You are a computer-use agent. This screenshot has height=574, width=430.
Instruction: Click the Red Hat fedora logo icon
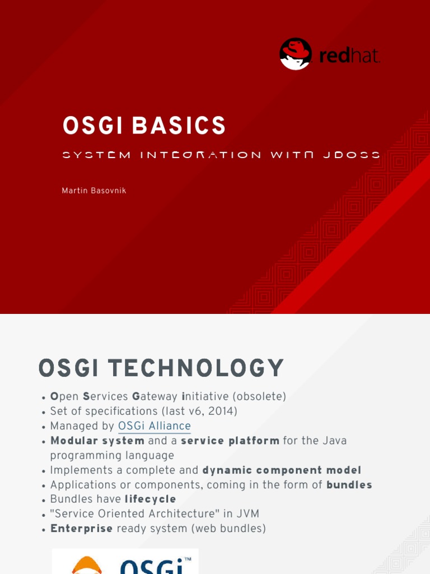click(x=295, y=54)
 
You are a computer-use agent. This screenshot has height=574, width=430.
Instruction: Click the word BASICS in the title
click(x=179, y=126)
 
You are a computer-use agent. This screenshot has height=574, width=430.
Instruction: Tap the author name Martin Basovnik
click(x=94, y=191)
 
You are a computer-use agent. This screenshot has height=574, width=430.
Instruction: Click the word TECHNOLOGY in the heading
click(x=196, y=368)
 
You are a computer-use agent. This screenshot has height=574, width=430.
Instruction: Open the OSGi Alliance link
click(x=155, y=426)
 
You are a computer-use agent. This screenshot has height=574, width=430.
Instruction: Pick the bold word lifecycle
click(x=150, y=499)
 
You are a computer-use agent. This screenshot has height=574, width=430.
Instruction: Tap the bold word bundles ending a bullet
click(x=349, y=484)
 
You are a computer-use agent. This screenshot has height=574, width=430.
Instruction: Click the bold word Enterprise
click(x=82, y=528)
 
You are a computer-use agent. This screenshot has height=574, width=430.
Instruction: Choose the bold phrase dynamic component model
click(x=282, y=470)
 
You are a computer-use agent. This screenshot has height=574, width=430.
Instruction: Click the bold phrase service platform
click(x=230, y=441)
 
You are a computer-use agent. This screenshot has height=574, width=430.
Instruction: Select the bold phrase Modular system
click(x=97, y=441)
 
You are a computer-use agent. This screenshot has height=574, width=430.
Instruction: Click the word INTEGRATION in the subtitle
click(x=200, y=155)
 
